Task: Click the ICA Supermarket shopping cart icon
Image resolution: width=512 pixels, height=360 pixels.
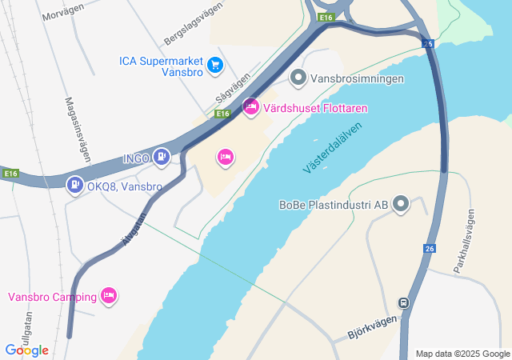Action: point(214,65)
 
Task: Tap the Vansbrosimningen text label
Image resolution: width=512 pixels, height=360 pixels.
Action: point(357,78)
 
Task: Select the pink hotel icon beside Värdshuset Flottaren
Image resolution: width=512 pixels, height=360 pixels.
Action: point(250,107)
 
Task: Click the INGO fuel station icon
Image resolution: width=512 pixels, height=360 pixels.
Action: point(162,158)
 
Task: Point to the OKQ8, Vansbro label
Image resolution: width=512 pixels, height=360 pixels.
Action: point(125,186)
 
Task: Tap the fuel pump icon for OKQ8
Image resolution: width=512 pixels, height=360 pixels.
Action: point(75,186)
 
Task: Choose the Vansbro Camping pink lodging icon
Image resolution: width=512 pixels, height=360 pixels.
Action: point(110,296)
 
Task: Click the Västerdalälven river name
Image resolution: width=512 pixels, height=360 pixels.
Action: point(333,148)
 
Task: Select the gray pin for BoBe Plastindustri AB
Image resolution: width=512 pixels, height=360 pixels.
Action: point(401,206)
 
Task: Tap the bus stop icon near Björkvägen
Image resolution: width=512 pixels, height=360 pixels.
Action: point(404,304)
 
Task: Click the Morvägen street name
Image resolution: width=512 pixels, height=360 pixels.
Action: point(64,15)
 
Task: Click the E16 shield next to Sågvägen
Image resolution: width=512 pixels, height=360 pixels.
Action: point(223,114)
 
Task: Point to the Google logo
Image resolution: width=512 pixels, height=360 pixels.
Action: point(27,350)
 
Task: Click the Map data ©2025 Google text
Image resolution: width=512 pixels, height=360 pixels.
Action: point(462,354)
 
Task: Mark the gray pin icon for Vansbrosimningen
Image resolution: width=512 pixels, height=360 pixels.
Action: point(298,78)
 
